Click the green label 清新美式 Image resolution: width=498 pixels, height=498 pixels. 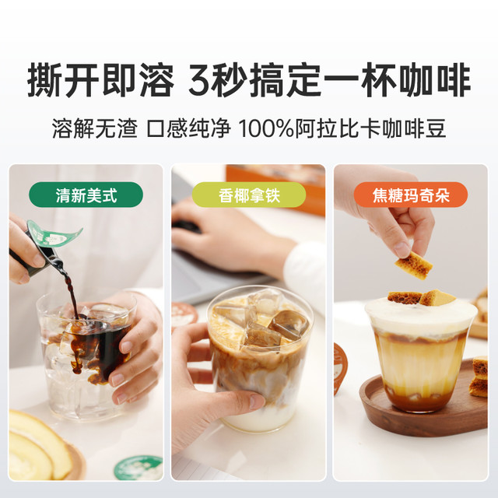point(86,195)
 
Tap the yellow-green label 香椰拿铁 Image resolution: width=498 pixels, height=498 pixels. point(249,195)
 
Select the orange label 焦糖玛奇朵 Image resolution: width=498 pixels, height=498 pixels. point(411,195)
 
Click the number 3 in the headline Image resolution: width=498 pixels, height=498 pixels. point(202,80)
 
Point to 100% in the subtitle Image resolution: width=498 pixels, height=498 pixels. point(266,128)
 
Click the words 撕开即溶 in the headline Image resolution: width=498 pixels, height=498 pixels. point(100,80)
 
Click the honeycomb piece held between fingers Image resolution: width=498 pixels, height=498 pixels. point(414,265)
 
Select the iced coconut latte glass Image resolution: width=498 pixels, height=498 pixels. point(259,359)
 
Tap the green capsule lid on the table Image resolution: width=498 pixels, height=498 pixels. point(139,468)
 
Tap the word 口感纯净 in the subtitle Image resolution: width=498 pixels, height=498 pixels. point(188,128)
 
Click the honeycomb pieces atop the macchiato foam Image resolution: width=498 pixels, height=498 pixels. point(422,297)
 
